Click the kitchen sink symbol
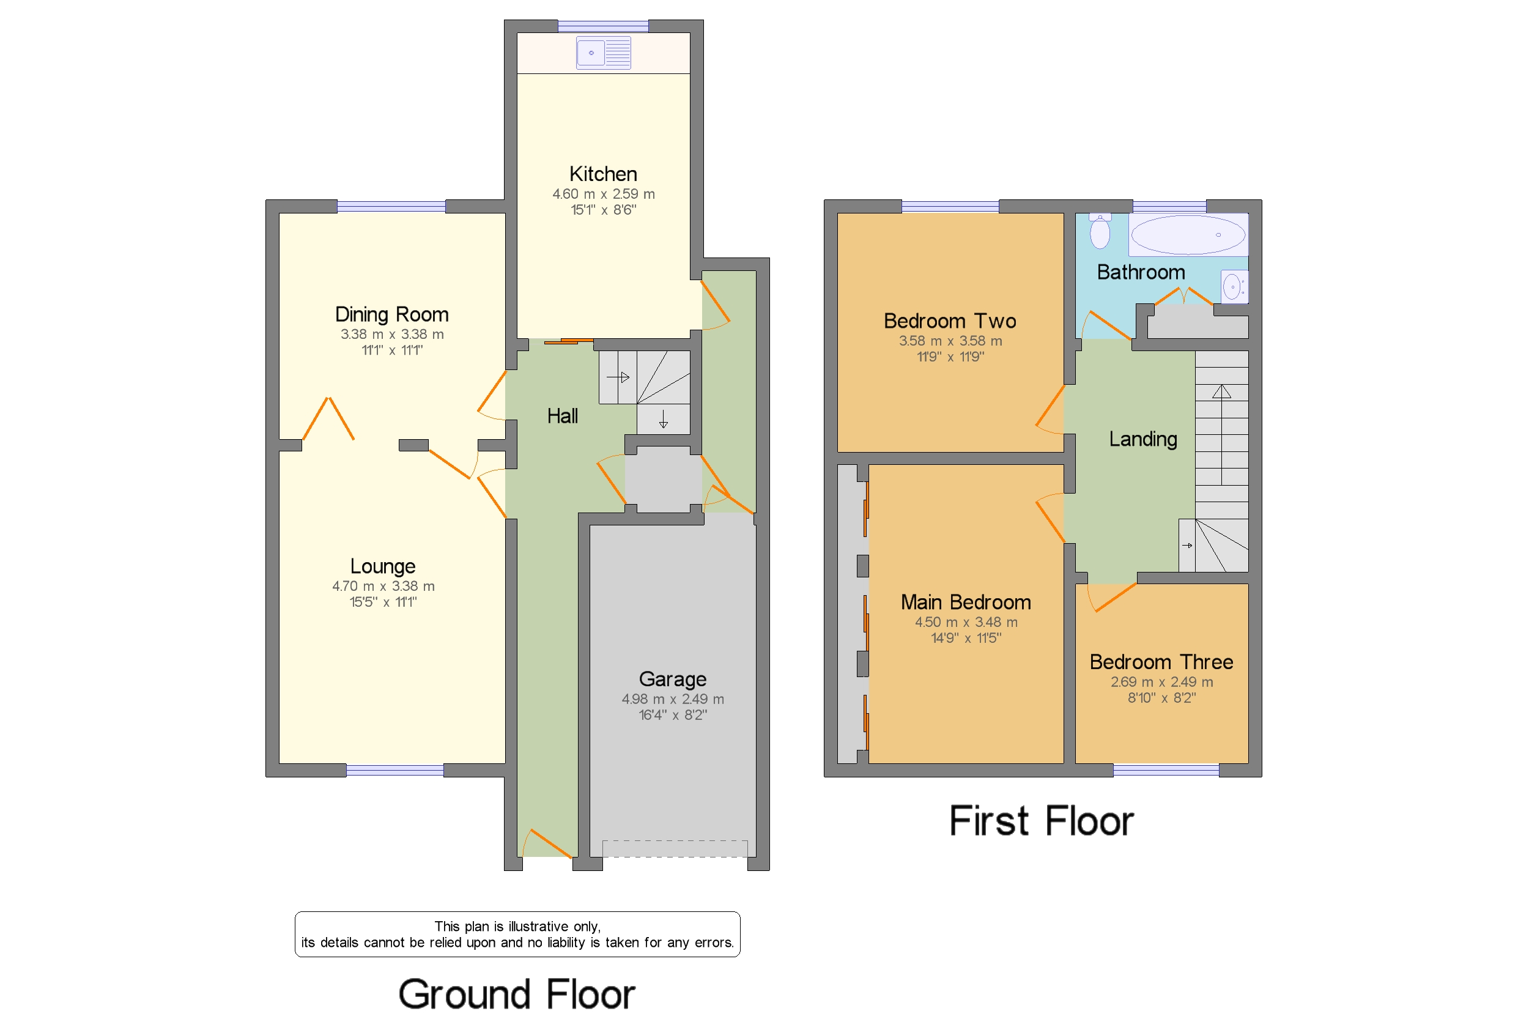click(603, 53)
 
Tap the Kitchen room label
click(603, 174)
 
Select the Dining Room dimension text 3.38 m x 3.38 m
click(392, 334)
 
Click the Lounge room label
click(383, 566)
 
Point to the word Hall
click(562, 416)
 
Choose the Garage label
click(673, 679)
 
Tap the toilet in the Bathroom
click(1100, 231)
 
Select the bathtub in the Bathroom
click(1188, 235)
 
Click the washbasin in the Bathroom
click(1234, 287)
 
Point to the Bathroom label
click(1141, 272)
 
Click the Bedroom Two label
click(950, 321)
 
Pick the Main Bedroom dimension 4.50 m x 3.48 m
click(966, 622)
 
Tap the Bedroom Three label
click(1161, 662)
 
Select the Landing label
click(1143, 440)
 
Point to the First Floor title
click(1042, 821)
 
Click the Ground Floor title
click(517, 995)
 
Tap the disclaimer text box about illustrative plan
click(517, 935)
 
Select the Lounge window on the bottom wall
click(395, 771)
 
